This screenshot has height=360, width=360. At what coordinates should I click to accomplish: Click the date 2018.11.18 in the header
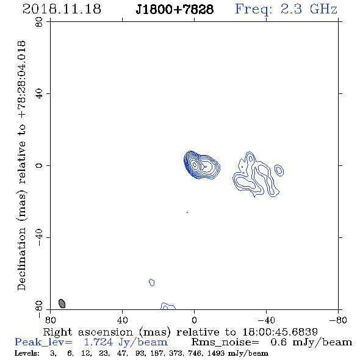coord(62,9)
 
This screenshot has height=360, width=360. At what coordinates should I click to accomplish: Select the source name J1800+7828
coord(175,9)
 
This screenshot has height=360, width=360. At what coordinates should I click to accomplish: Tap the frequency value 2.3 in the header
coord(291,9)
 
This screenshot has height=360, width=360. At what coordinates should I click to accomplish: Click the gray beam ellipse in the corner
coord(62,303)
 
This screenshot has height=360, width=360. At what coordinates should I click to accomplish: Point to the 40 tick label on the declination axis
coord(39,94)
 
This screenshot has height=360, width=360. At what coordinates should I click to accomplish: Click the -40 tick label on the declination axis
coord(39,237)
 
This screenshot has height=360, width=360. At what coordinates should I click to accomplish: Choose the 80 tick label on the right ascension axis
coord(50,320)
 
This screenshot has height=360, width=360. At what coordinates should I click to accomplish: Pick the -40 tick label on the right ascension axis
coord(266,320)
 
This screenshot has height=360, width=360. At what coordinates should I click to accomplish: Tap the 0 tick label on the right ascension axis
coord(194,320)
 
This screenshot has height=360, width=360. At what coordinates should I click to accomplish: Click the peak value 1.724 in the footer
coord(98,342)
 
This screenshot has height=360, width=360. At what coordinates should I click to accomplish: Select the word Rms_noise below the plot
coord(225,342)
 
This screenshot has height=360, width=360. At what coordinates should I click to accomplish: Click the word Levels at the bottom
coord(27,353)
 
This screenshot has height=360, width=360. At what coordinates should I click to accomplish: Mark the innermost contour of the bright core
coord(194,164)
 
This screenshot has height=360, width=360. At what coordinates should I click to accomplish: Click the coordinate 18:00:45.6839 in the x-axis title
coord(280,332)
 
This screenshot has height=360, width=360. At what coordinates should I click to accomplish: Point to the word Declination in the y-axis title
coord(21,259)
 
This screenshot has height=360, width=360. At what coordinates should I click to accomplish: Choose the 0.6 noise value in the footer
coord(279,342)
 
